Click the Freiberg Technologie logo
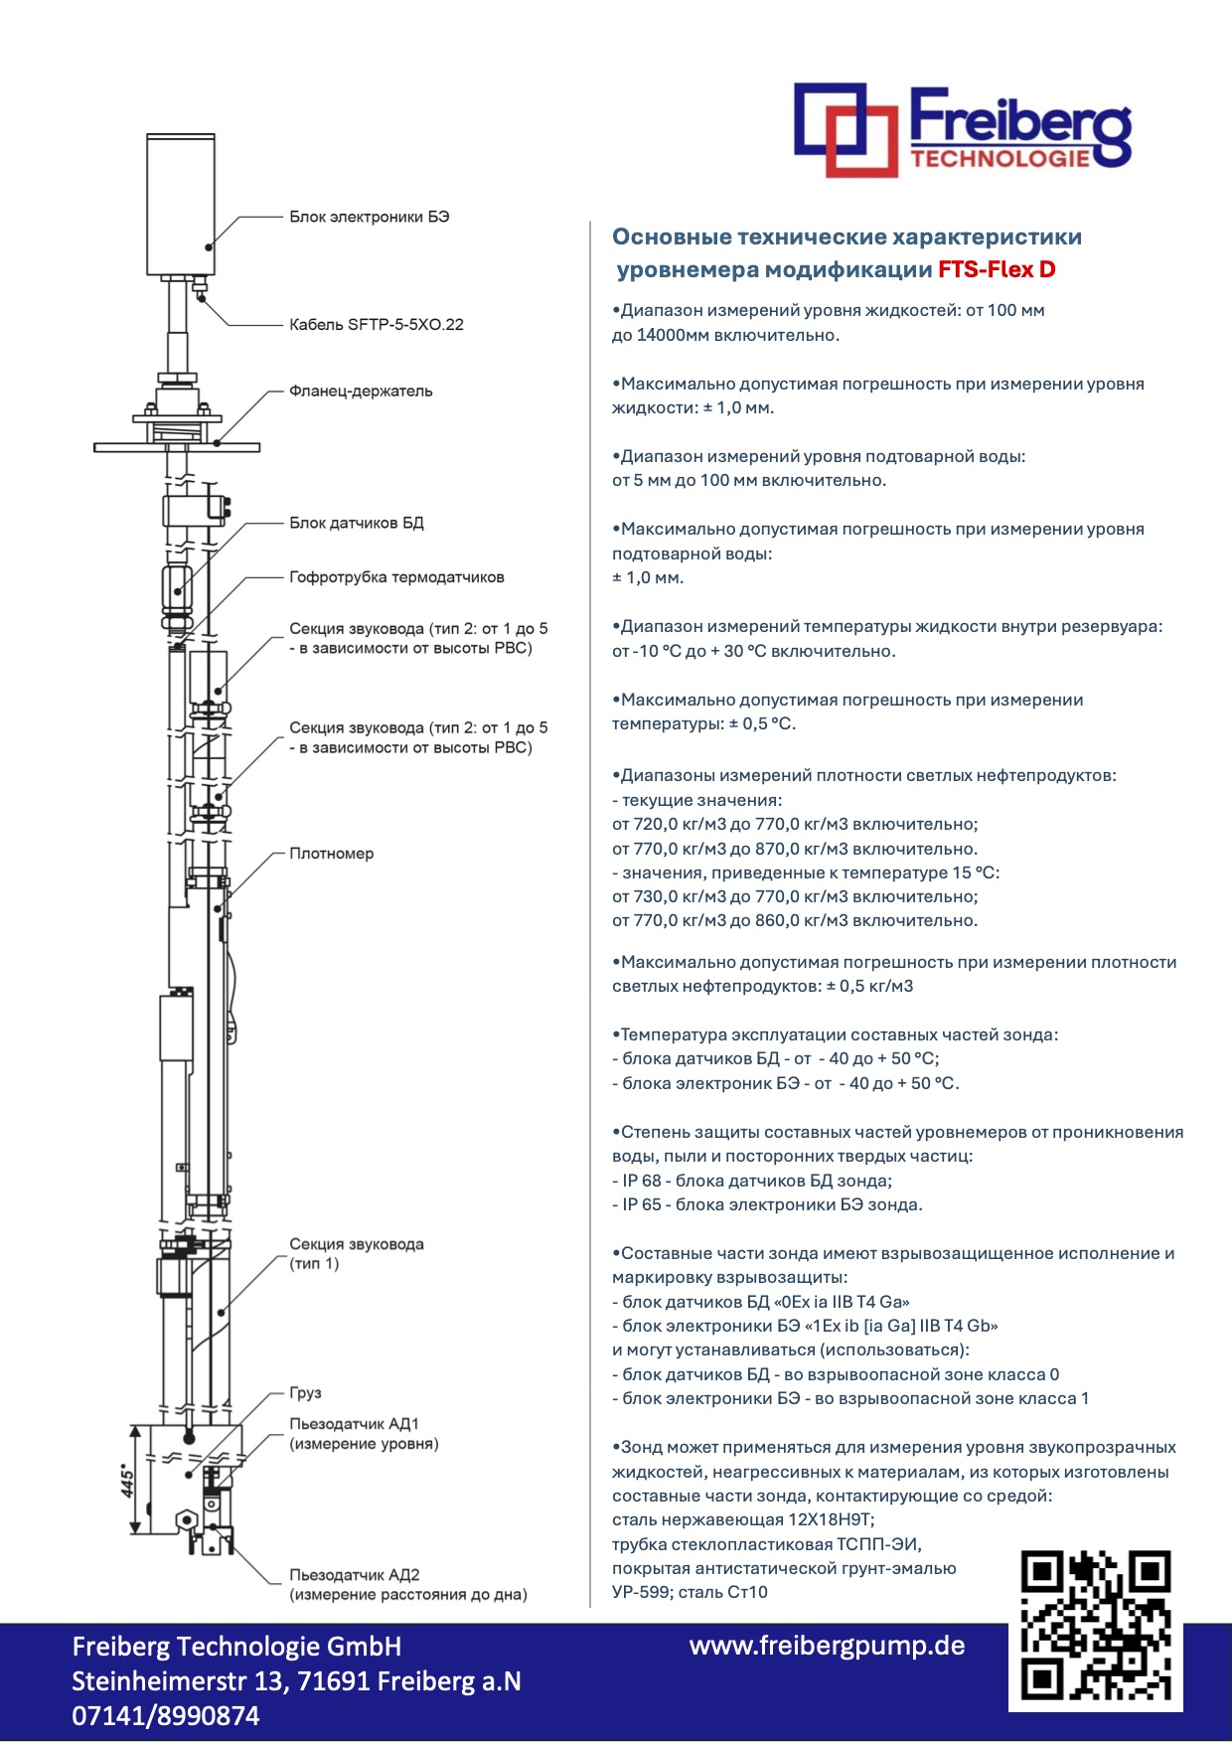click(962, 130)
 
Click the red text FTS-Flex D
click(997, 269)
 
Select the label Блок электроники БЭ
click(369, 217)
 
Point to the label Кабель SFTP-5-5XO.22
click(376, 324)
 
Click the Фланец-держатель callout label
click(361, 392)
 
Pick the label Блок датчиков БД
click(356, 523)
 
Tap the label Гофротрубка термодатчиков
click(396, 577)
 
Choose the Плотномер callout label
click(331, 854)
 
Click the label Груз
click(305, 1393)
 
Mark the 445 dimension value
click(128, 1480)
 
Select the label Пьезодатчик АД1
click(354, 1424)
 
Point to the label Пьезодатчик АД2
click(354, 1575)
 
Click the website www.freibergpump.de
click(827, 1646)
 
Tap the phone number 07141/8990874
click(165, 1716)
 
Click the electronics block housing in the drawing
click(180, 204)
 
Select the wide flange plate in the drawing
click(177, 448)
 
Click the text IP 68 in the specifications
click(641, 1181)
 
